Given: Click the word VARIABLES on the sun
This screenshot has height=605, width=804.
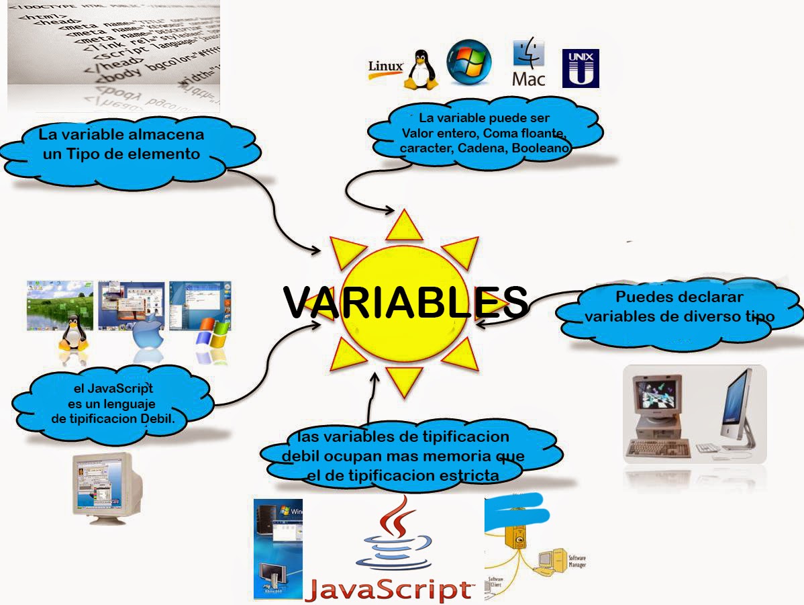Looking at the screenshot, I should click(x=405, y=303).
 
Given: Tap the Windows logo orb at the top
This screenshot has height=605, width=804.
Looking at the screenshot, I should click(x=469, y=62).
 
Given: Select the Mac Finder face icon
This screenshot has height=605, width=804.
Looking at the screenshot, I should click(x=528, y=53).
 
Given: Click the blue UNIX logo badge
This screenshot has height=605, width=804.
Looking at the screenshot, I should click(x=580, y=68).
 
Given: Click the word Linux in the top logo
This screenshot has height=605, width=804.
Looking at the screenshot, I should click(x=385, y=66).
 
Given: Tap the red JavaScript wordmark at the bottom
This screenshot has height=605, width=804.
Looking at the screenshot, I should click(x=389, y=589).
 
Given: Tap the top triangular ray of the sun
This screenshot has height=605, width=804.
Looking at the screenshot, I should click(x=405, y=226).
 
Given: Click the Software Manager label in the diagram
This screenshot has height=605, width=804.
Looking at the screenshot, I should click(x=576, y=561).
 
